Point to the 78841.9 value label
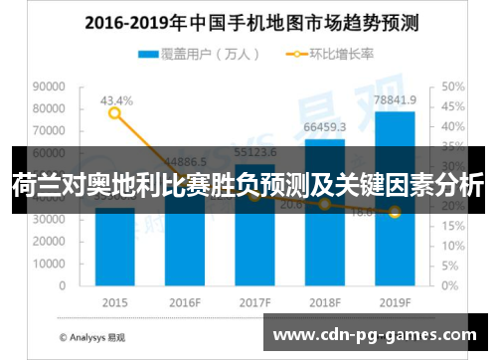[x=395, y=100]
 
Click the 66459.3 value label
[x=325, y=127]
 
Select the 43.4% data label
[x=115, y=100]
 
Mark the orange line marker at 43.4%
[x=115, y=113]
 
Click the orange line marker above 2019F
[x=395, y=212]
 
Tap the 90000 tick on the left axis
[x=49, y=88]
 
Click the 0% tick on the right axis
[x=445, y=284]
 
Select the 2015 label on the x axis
[x=115, y=301]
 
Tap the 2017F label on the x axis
[x=255, y=301]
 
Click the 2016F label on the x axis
[x=185, y=301]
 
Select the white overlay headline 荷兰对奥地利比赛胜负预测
[x=248, y=184]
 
